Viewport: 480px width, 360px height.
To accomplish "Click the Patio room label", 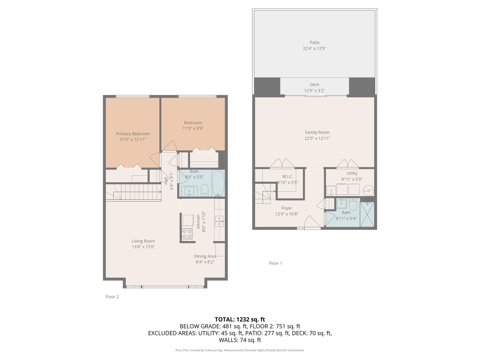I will coord(314,43).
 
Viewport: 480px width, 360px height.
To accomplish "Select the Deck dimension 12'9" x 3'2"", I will coord(314,91).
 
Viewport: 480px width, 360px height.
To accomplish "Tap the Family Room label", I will coord(317,132).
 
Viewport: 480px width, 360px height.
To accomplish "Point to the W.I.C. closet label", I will coord(287,176).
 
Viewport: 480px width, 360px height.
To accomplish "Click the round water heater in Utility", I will coord(369,191).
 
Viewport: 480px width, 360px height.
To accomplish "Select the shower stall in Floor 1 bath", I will coord(367,214).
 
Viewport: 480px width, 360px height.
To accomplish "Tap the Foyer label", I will coord(287,208).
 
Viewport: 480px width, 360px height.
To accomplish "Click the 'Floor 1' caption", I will coord(275,263).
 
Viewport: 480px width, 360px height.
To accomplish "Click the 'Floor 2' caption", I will coord(112,297).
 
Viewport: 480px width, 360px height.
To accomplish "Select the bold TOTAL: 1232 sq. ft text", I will coord(240,319).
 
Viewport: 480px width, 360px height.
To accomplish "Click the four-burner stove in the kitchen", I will coord(187,234).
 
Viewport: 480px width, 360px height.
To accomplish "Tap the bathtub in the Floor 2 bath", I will coord(218,183).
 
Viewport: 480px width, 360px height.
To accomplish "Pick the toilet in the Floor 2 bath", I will coord(205,190).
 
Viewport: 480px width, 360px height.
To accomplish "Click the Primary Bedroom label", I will coord(133,134).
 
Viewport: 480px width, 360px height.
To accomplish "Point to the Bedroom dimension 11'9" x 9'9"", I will coord(193,128).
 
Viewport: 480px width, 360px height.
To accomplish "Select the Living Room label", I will coord(143,241).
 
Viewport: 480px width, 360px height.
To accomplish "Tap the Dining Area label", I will coord(205,256).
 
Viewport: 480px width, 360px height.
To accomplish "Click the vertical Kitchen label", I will coord(198,221).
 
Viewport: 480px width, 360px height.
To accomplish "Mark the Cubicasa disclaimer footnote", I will coord(240,350).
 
